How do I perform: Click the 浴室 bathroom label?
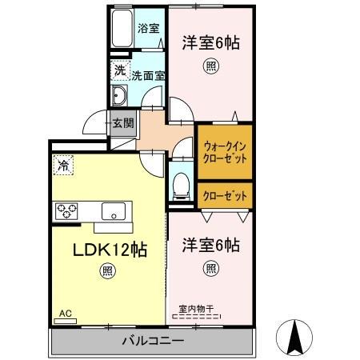pos(148,28)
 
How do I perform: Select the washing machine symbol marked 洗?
pos(118,70)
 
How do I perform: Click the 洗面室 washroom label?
pos(148,75)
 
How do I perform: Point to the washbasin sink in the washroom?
pos(120,98)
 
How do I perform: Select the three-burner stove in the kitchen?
pos(67,210)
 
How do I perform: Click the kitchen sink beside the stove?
pos(113,211)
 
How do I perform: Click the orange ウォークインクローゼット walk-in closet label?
pos(225,152)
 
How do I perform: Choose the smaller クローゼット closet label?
pos(225,195)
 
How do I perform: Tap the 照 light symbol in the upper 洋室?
pos(210,66)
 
